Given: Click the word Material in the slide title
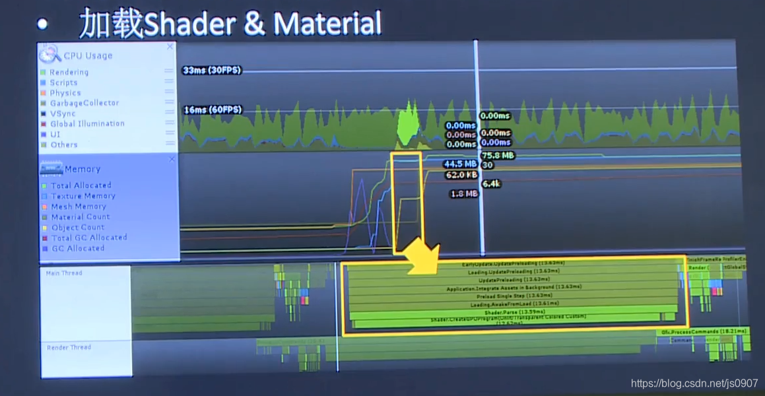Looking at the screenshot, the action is (x=327, y=25).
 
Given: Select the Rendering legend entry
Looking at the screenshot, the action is (x=69, y=72).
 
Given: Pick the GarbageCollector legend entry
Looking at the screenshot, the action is (x=84, y=103).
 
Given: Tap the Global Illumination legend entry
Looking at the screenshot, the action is (x=86, y=123).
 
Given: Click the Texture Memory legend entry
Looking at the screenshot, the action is (x=83, y=196).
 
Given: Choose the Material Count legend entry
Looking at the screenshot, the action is (x=80, y=216).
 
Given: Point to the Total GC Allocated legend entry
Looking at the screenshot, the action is (x=88, y=238).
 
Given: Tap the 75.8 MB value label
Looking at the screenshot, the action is (x=498, y=156).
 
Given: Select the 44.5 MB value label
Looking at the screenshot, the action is (x=460, y=164).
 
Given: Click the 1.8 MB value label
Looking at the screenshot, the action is (x=463, y=194).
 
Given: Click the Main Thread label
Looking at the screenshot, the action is (x=64, y=273).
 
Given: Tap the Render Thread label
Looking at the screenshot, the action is (x=69, y=347).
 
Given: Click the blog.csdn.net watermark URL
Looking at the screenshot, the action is (x=694, y=383).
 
